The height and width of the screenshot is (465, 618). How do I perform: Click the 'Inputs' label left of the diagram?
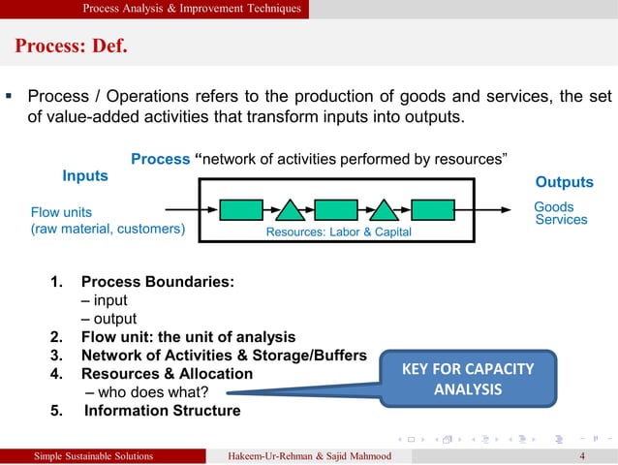click(85, 176)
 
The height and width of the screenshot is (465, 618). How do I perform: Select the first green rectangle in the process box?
click(241, 209)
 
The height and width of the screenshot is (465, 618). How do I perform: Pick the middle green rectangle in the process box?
click(336, 209)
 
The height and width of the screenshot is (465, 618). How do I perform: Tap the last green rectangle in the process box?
click(432, 209)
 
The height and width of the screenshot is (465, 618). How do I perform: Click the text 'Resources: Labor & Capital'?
click(338, 232)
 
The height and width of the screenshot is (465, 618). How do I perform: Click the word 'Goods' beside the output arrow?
click(554, 206)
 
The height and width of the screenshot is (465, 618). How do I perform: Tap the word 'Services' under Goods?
click(561, 220)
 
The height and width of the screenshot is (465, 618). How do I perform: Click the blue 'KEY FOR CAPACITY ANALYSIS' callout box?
click(467, 379)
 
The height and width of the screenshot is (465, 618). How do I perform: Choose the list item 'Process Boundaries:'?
click(157, 282)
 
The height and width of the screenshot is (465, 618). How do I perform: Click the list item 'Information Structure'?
click(162, 410)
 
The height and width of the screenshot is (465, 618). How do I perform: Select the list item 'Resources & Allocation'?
click(167, 374)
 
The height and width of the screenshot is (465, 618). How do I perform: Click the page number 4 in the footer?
click(581, 456)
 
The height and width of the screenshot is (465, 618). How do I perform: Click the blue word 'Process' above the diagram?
click(160, 159)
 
